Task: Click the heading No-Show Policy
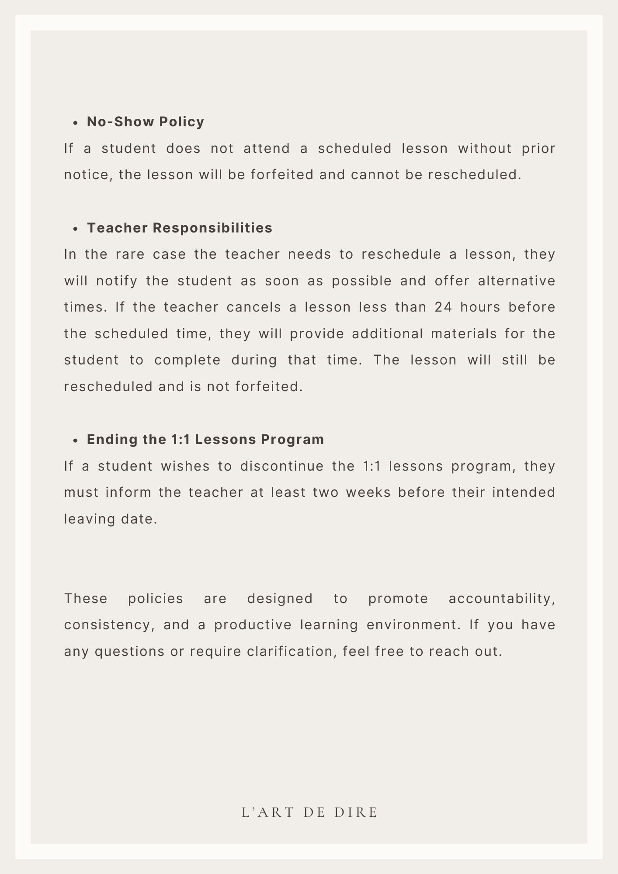[145, 122]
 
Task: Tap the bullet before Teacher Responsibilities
[76, 229]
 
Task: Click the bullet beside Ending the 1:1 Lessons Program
[76, 440]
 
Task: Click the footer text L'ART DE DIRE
[309, 812]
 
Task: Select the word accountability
[502, 598]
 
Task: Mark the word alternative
[516, 281]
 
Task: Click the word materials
[464, 334]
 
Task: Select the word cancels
[254, 307]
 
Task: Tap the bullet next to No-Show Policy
[76, 123]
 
